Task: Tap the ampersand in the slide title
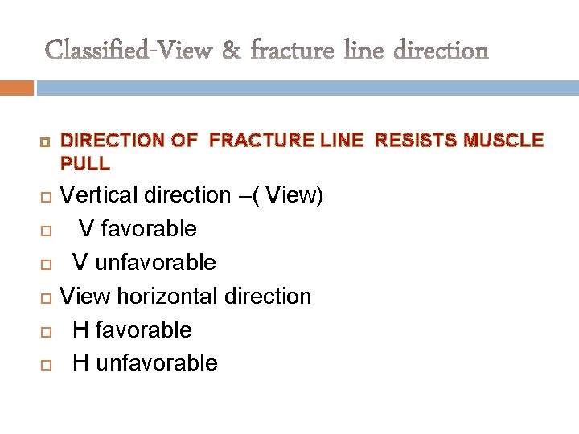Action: pyautogui.click(x=230, y=51)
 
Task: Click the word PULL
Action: pyautogui.click(x=85, y=163)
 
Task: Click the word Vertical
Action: pyautogui.click(x=101, y=195)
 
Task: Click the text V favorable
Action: pyautogui.click(x=138, y=229)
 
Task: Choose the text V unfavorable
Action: pyautogui.click(x=144, y=263)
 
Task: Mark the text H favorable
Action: pyautogui.click(x=132, y=330)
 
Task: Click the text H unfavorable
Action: pyautogui.click(x=145, y=363)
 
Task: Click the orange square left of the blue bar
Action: pyautogui.click(x=17, y=88)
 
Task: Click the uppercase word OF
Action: pyautogui.click(x=184, y=141)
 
